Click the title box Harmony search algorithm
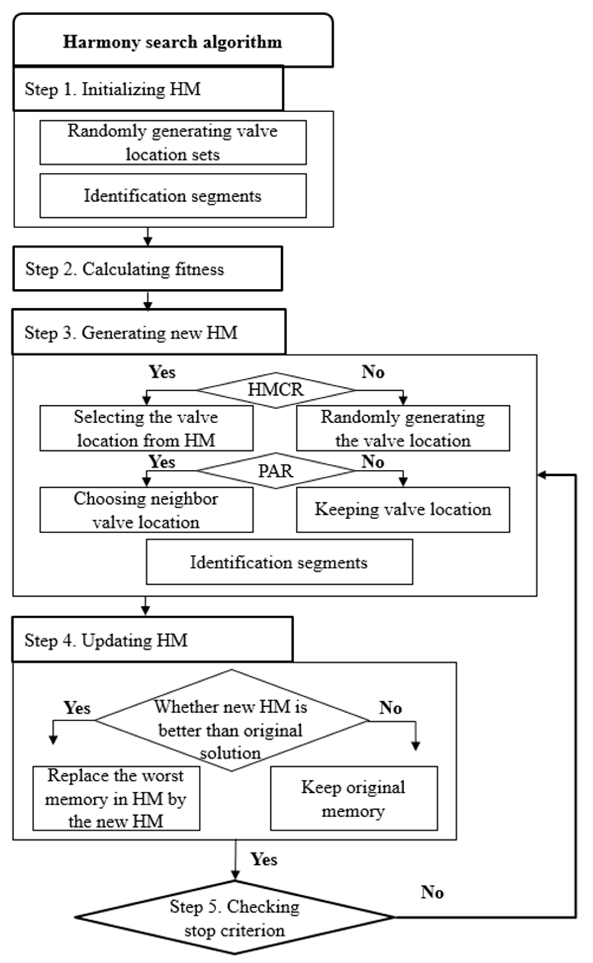pyautogui.click(x=173, y=41)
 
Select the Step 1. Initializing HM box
pyautogui.click(x=148, y=89)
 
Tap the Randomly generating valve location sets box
pyautogui.click(x=173, y=142)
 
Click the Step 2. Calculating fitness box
pyautogui.click(x=148, y=269)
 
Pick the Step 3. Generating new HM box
pyautogui.click(x=149, y=332)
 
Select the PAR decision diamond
pyautogui.click(x=276, y=471)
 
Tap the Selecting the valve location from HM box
pyautogui.click(x=146, y=428)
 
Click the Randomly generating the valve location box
pyautogui.click(x=403, y=428)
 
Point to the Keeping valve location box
pyautogui.click(x=403, y=510)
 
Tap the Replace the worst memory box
pyautogui.click(x=116, y=798)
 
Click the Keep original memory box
pyautogui.click(x=354, y=798)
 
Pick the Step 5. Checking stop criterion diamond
pyautogui.click(x=234, y=918)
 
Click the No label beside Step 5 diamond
pyautogui.click(x=432, y=893)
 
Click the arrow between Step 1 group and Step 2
pyautogui.click(x=148, y=237)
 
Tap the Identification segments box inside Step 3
pyautogui.click(x=279, y=562)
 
